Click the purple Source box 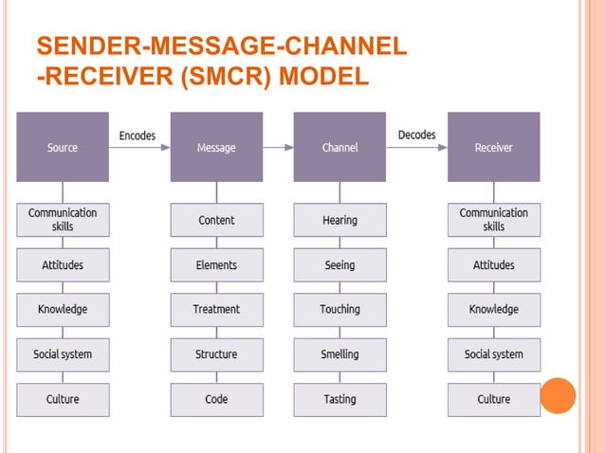coord(63,147)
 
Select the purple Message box coord(216,147)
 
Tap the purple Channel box coord(339,147)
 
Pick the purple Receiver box coord(493,147)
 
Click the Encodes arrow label coord(137,136)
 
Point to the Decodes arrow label coord(416,135)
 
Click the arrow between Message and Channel coord(278,147)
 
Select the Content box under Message coord(216,220)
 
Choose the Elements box coord(216,265)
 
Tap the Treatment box coord(216,309)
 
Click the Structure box coord(216,354)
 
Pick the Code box coord(216,399)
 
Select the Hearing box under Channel coord(339,220)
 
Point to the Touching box coord(339,309)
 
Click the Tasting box coord(339,399)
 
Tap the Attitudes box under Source coord(63,265)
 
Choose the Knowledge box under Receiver coord(493,309)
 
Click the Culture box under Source coord(63,399)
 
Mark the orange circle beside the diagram coord(559,395)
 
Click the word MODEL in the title coord(321,76)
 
